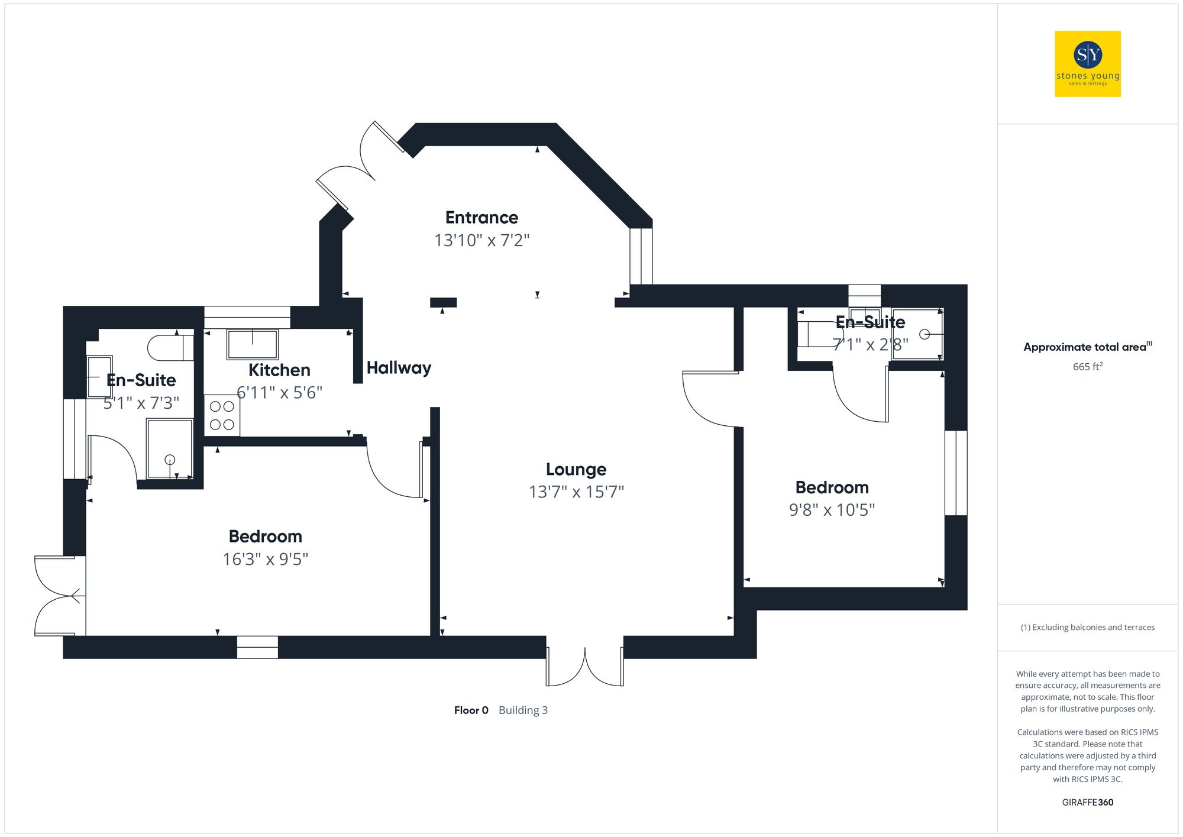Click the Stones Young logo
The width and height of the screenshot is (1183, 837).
[x=1087, y=64]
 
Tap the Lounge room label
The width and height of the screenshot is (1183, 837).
[x=576, y=469]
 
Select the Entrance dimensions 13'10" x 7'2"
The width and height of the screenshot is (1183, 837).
[x=481, y=240]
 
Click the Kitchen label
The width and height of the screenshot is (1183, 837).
[x=279, y=370]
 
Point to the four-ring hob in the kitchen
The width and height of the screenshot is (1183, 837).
[x=222, y=415]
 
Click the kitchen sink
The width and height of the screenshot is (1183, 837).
[x=253, y=344]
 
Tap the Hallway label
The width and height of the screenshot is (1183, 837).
[x=399, y=368]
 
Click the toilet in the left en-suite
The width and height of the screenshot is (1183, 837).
[x=169, y=348]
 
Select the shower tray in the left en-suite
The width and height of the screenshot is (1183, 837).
[x=170, y=448]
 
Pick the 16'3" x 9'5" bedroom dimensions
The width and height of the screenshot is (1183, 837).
[x=265, y=559]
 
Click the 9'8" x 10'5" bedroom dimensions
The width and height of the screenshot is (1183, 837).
[x=832, y=510]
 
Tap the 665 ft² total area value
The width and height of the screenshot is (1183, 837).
[x=1087, y=367]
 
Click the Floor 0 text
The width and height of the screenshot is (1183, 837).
[x=471, y=710]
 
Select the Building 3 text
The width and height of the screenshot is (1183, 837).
[x=523, y=710]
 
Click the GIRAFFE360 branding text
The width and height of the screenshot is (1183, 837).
[x=1087, y=802]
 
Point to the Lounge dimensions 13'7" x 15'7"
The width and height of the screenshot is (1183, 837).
[x=576, y=492]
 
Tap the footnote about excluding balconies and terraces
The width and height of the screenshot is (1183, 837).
[x=1087, y=627]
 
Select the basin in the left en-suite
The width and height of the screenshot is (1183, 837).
[x=99, y=377]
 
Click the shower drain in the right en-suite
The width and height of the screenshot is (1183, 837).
[x=924, y=334]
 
